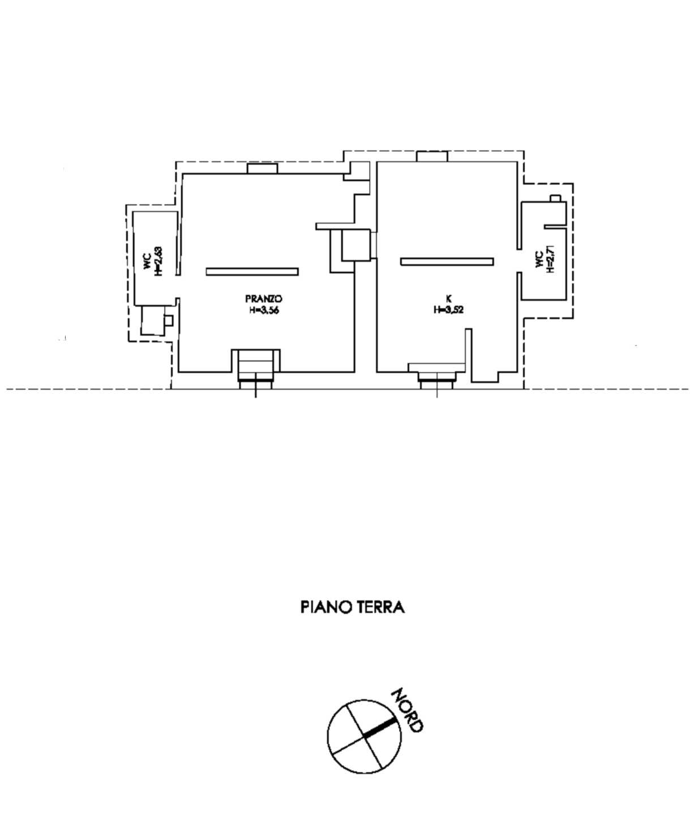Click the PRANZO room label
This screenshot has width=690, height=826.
(263, 299)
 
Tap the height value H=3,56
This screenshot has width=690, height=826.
(264, 311)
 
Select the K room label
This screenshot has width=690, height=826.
(448, 299)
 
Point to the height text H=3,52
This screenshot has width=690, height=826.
(448, 310)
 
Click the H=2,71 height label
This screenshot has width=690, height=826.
(551, 259)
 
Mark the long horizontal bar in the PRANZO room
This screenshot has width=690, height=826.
(252, 272)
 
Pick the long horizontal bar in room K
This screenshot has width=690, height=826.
(447, 261)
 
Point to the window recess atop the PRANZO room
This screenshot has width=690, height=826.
(263, 169)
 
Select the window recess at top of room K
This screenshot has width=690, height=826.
(432, 156)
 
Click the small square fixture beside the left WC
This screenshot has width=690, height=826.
(169, 320)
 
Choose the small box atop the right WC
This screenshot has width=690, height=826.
(556, 198)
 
